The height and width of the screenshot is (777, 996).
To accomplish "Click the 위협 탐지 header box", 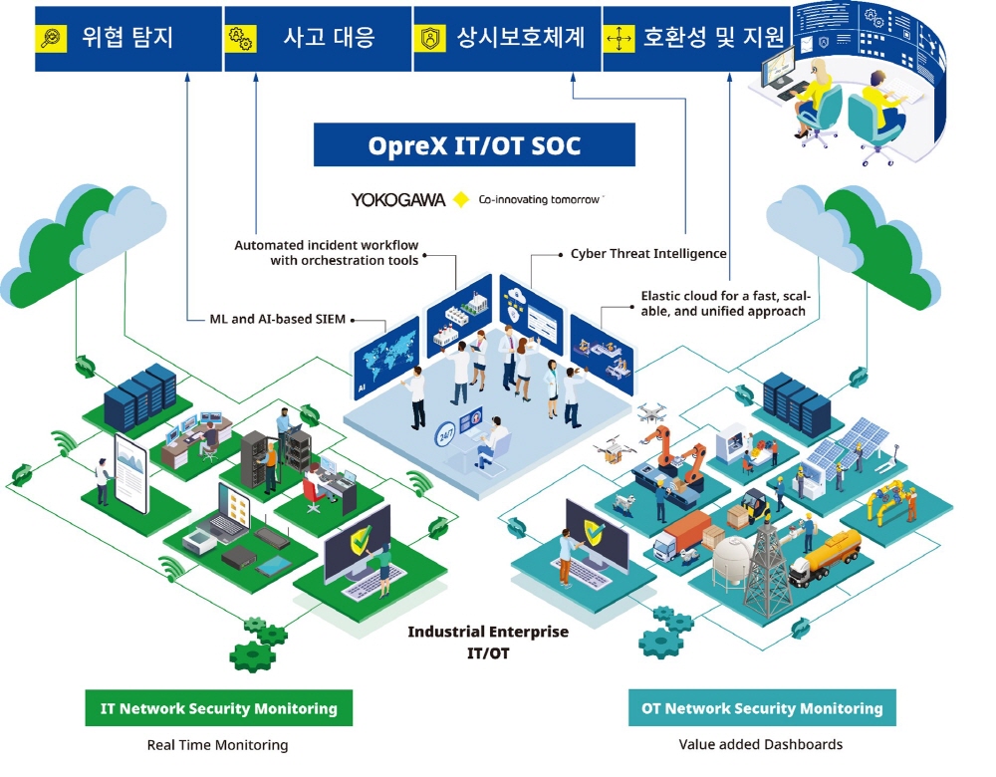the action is (x=128, y=39).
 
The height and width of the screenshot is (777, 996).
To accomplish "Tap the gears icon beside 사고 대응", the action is (x=241, y=38).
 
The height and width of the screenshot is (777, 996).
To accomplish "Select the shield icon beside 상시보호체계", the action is (x=430, y=38).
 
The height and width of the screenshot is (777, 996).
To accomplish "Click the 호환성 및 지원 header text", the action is (x=713, y=38).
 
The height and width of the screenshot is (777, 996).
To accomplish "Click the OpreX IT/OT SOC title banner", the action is (x=474, y=144).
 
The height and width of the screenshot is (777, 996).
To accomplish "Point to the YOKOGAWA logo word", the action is (x=398, y=199).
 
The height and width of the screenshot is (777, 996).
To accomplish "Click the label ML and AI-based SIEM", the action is (x=278, y=319).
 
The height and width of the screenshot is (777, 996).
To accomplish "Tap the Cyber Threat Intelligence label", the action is (x=648, y=253).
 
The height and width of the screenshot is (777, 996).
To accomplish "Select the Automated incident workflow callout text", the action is (x=327, y=253).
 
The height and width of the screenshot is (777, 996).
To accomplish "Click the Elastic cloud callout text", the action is (x=725, y=304).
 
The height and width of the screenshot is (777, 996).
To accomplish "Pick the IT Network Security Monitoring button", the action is (x=218, y=707).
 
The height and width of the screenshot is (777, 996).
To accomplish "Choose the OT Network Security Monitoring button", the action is (x=762, y=707).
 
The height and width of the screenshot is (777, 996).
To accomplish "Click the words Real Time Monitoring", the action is (x=217, y=744).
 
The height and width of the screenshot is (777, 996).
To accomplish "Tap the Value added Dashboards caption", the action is (x=760, y=744).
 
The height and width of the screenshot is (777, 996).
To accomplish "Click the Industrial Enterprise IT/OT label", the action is (x=488, y=642).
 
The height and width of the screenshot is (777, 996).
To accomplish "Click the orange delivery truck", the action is (x=683, y=536).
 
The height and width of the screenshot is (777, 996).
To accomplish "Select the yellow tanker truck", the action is (x=825, y=556).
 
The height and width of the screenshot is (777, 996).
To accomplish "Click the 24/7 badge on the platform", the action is (x=446, y=434).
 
